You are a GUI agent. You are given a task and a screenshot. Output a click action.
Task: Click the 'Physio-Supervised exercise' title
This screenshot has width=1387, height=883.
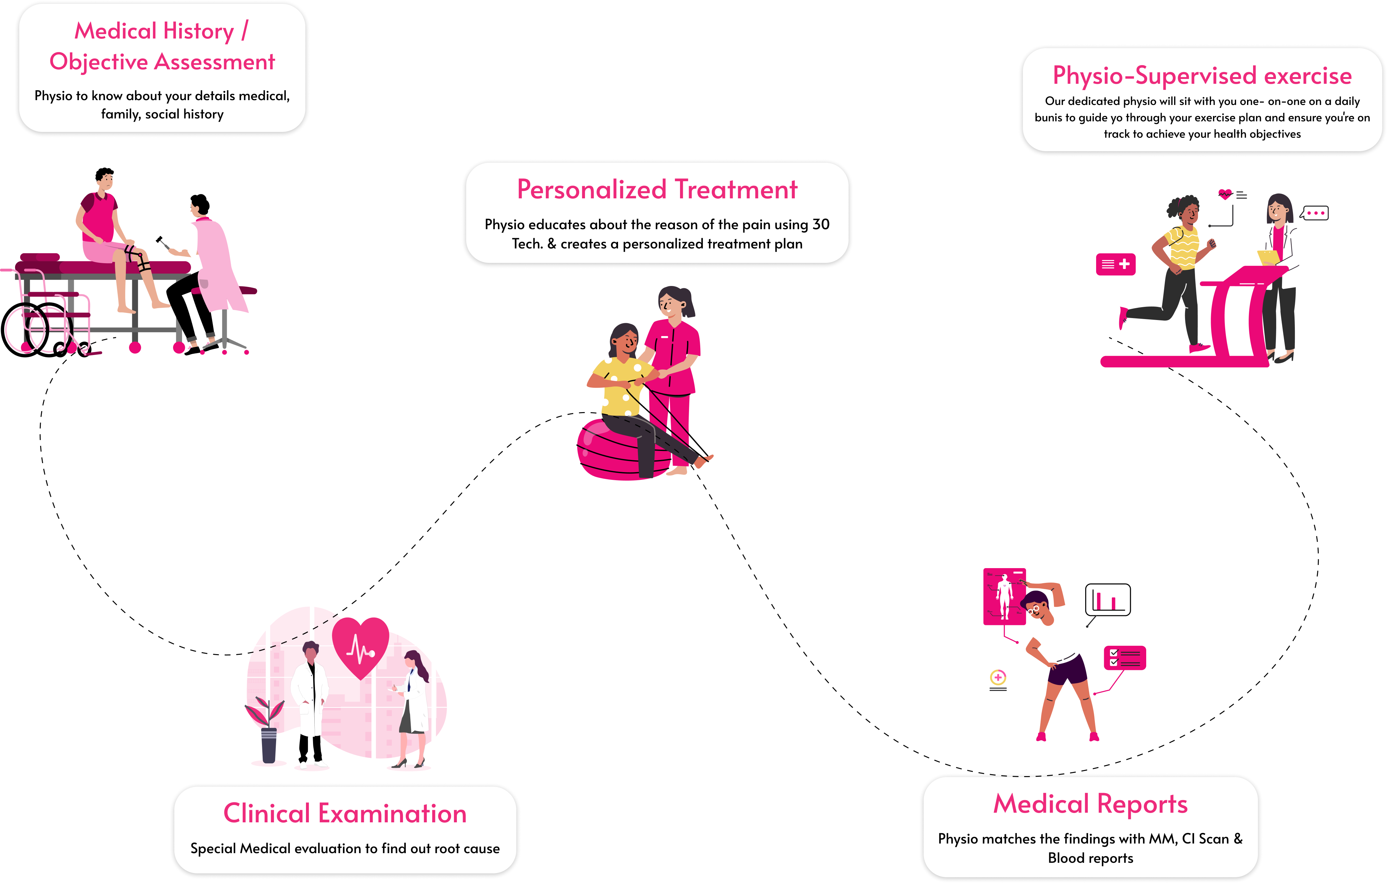(1202, 75)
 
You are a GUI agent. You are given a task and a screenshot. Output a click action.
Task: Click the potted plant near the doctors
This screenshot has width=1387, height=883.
(267, 732)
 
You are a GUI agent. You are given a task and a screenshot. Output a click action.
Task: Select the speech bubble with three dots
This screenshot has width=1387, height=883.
(1316, 213)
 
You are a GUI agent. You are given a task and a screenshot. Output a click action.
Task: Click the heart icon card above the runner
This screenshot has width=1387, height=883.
(1232, 195)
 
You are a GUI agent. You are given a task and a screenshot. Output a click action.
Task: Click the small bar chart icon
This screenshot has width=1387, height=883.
(1109, 601)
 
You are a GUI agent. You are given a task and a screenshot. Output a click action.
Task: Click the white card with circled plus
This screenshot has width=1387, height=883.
(998, 680)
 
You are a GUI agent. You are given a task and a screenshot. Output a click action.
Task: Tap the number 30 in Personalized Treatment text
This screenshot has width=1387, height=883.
(821, 225)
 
